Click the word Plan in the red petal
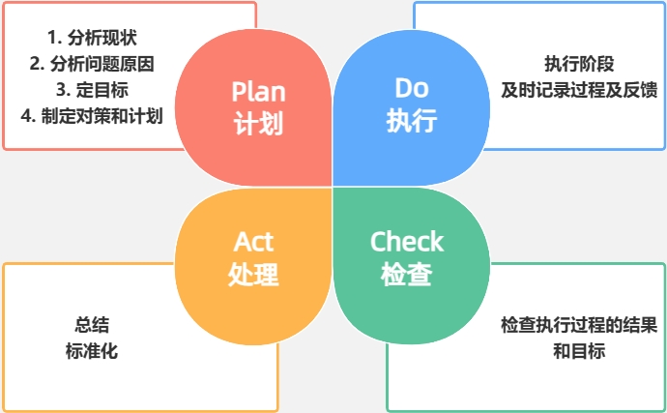[x=257, y=92]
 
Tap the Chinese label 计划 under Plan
[x=257, y=125]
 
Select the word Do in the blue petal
[x=412, y=88]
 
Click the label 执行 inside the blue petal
[x=412, y=121]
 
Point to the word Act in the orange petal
[x=254, y=241]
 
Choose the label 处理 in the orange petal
[x=254, y=275]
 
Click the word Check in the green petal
[x=407, y=241]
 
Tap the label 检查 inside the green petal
[x=407, y=275]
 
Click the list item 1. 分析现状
[x=92, y=39]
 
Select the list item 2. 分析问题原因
[x=92, y=65]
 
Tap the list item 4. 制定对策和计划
[x=92, y=116]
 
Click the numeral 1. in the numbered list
[x=53, y=39]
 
